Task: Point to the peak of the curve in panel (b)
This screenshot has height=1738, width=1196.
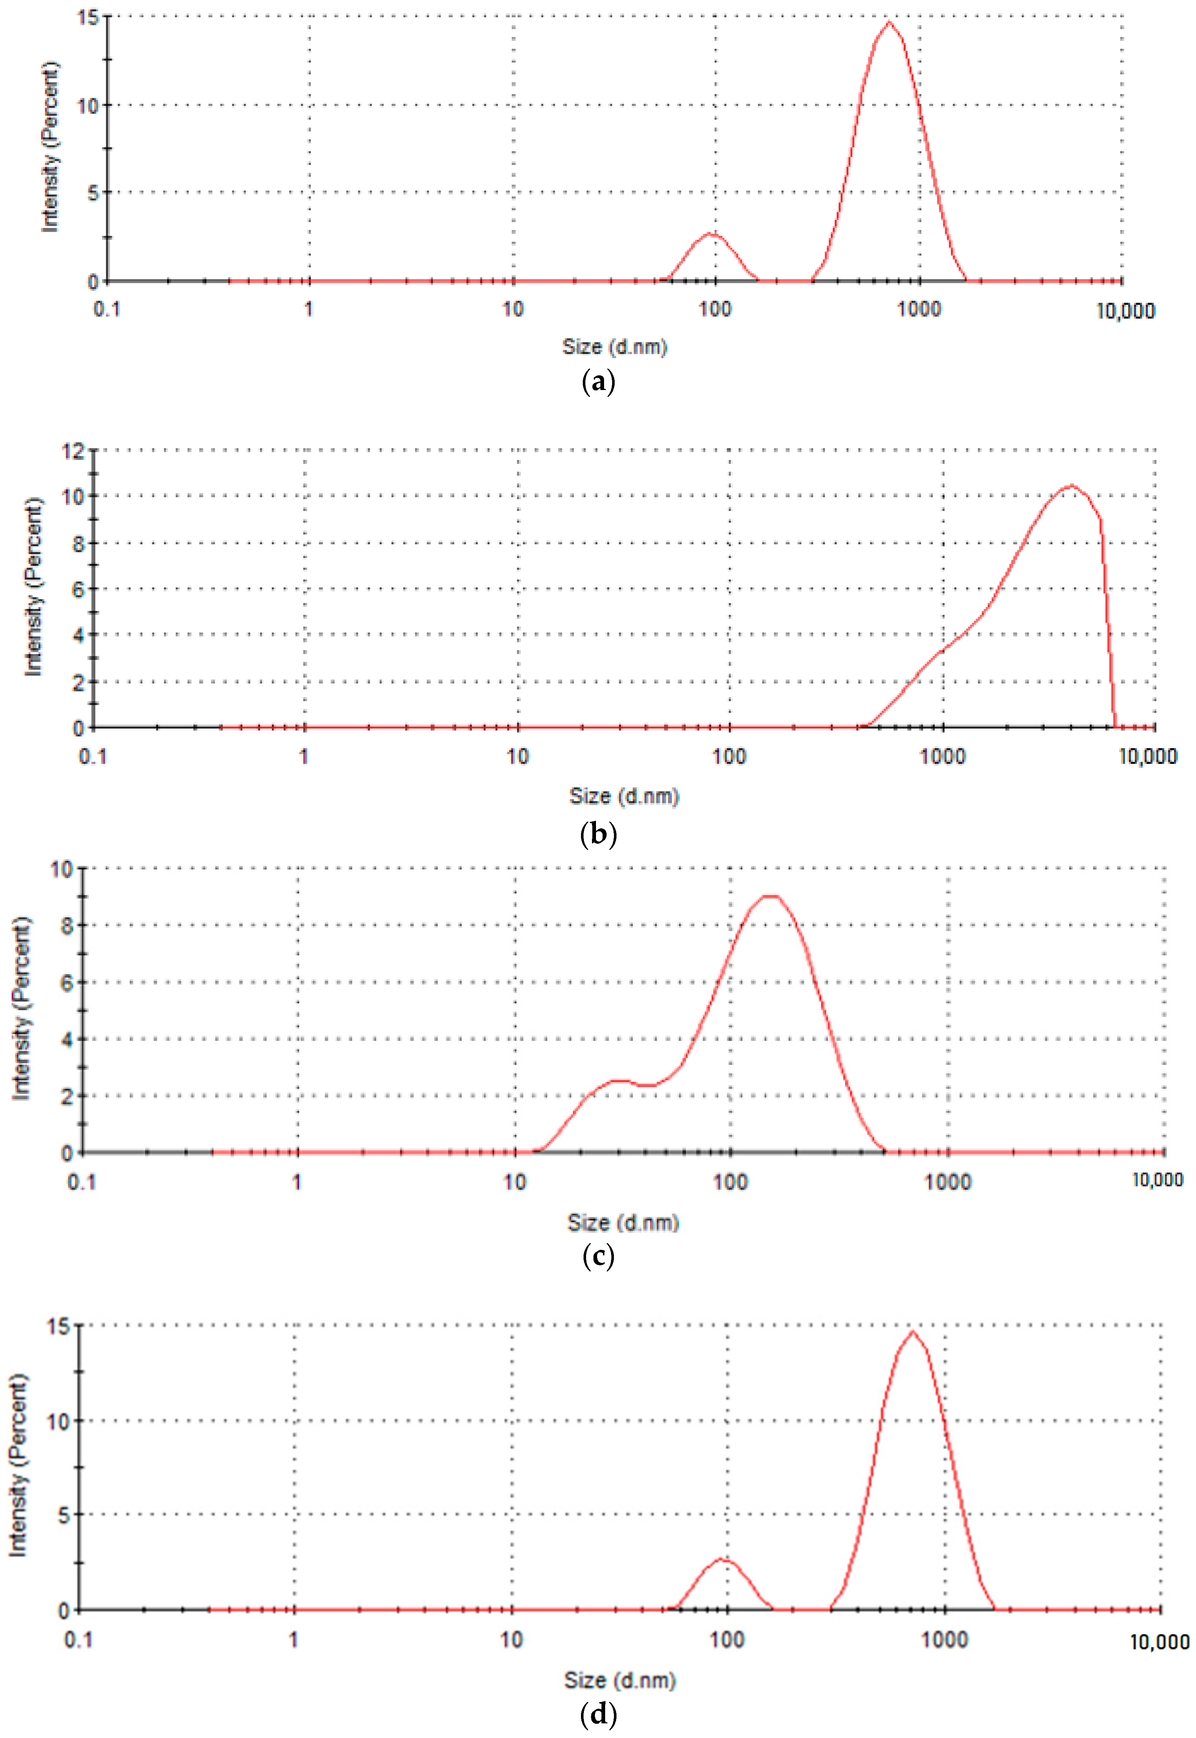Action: (x=1071, y=486)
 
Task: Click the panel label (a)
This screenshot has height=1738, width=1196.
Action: (x=598, y=382)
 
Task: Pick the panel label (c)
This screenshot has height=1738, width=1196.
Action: (x=598, y=1256)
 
